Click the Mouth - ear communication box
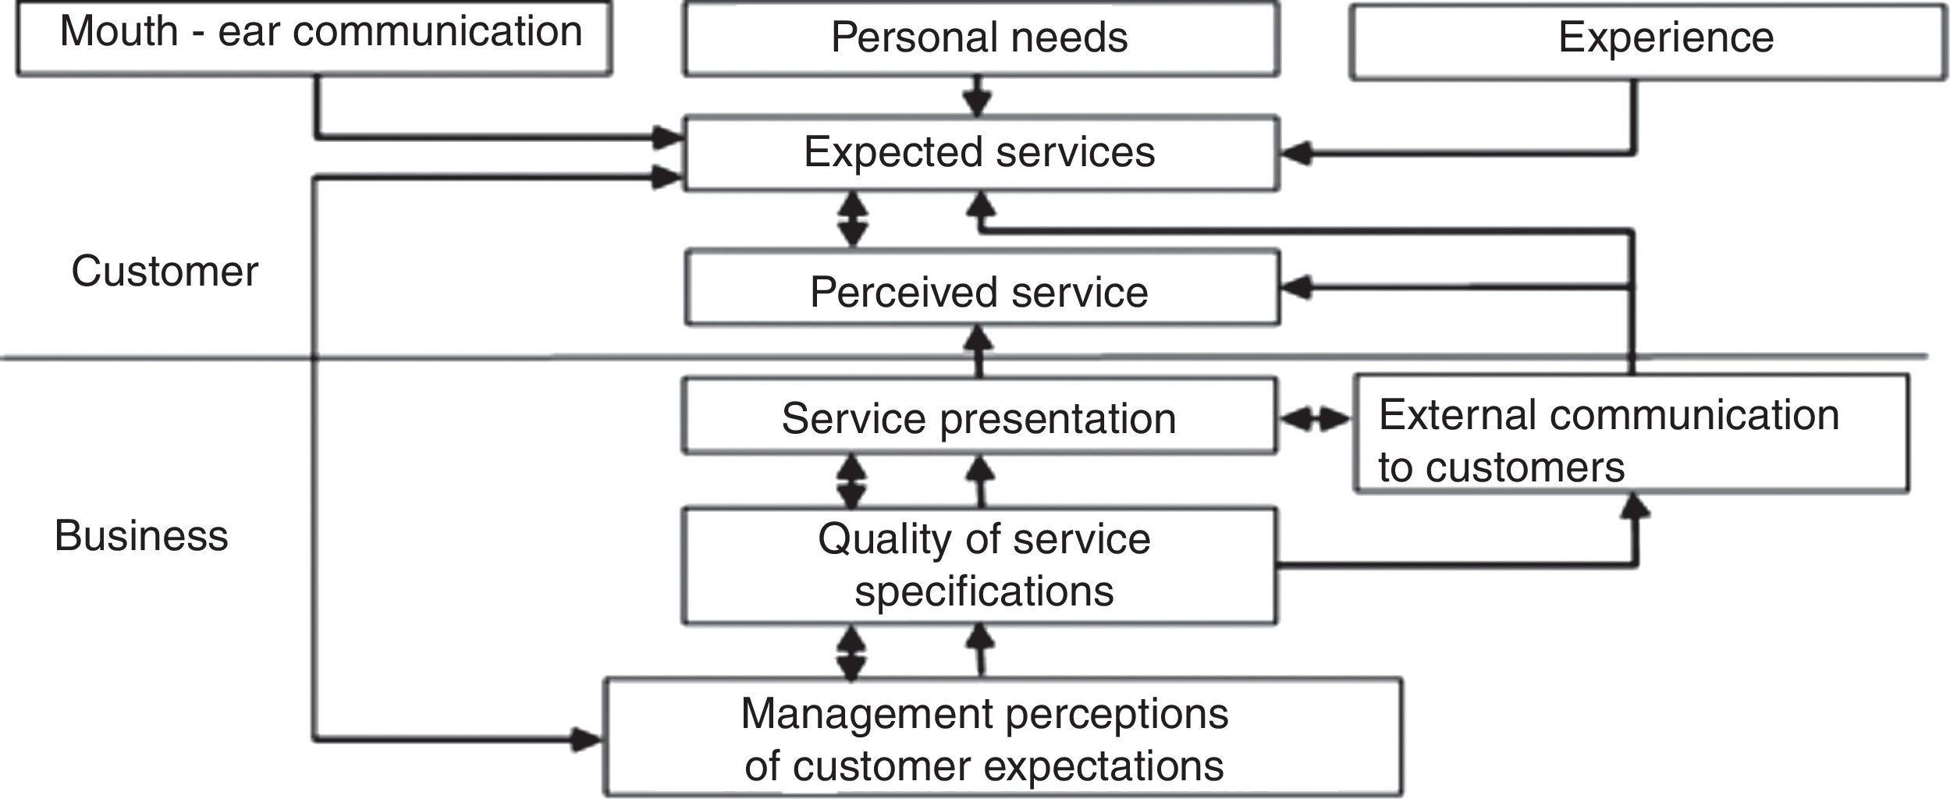(314, 37)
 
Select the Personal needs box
(980, 37)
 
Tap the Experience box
(1648, 41)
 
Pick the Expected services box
(980, 152)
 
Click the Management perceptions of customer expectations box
(1002, 737)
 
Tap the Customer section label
(165, 272)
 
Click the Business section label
(141, 536)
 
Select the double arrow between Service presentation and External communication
(1315, 420)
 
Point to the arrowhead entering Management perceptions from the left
(587, 738)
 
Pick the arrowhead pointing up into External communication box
(1636, 507)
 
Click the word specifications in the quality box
(983, 591)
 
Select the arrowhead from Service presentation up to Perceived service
(979, 339)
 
